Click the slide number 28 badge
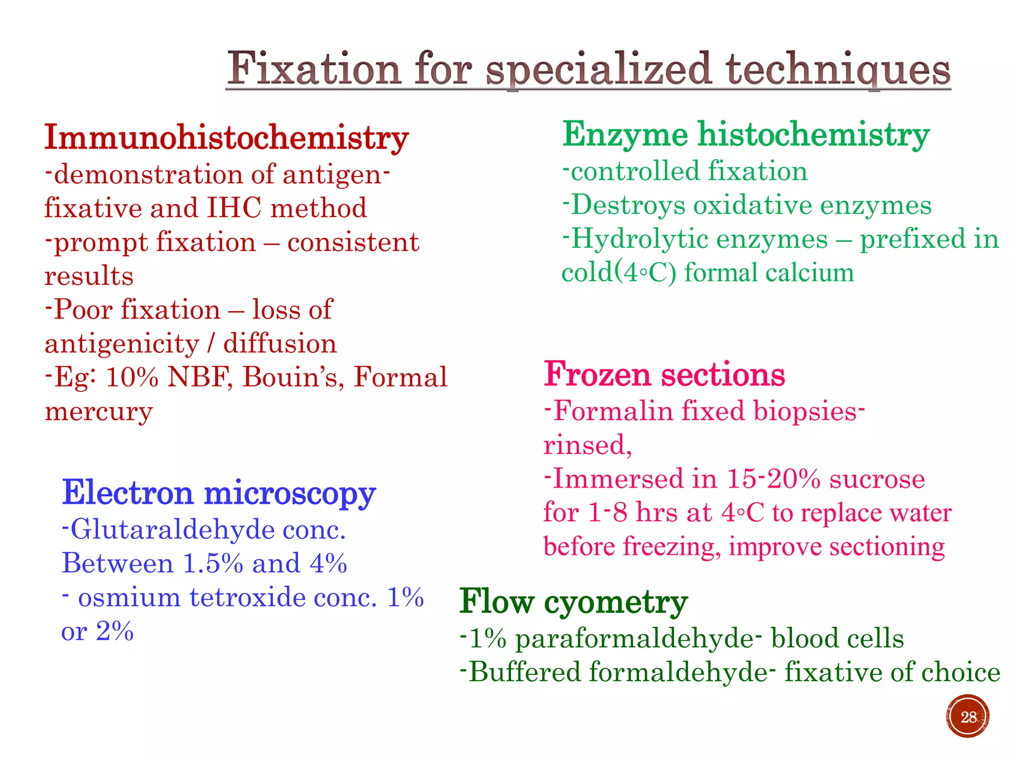pos(967,716)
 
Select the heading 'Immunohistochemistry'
pos(226,138)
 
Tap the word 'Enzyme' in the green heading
pos(625,135)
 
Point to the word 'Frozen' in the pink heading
pos(597,375)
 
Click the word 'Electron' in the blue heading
pos(127,493)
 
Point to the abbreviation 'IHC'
pos(234,208)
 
